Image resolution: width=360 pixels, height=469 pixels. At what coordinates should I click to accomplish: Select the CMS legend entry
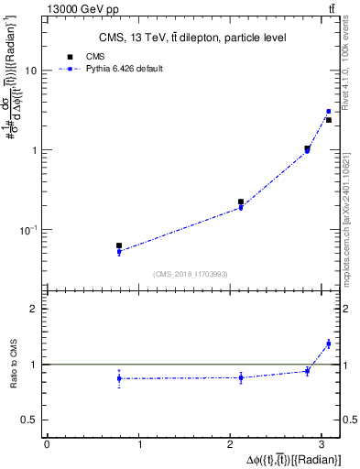click(x=93, y=56)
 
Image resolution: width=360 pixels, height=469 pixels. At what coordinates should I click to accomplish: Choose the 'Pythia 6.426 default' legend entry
click(x=124, y=69)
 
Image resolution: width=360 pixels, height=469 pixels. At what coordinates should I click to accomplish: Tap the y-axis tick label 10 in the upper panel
click(x=31, y=71)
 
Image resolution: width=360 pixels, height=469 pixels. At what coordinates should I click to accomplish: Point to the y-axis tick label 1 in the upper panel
click(x=34, y=150)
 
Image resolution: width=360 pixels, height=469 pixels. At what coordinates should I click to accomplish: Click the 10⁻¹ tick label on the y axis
click(x=28, y=230)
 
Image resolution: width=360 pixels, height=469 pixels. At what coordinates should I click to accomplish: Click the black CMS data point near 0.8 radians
click(x=119, y=245)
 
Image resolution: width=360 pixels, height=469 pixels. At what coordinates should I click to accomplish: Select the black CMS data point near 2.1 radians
click(x=241, y=202)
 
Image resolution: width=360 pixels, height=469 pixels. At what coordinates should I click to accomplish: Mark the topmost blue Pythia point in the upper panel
click(x=328, y=112)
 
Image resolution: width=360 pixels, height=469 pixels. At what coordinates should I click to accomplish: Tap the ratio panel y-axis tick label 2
click(x=34, y=309)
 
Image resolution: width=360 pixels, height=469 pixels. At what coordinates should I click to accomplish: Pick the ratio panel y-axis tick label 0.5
click(x=29, y=420)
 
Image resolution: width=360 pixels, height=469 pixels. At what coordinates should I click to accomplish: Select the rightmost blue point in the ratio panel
click(x=328, y=344)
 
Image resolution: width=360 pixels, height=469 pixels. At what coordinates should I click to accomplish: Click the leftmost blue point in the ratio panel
click(x=119, y=378)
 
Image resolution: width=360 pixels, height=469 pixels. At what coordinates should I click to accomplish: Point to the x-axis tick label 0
click(x=47, y=444)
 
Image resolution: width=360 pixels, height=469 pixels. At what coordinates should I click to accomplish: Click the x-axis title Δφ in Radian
click(x=292, y=458)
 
